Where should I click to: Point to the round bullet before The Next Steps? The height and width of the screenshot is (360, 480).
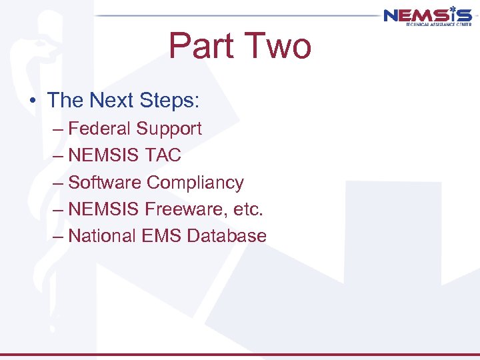point(32,101)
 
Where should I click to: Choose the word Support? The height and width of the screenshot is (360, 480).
point(171,129)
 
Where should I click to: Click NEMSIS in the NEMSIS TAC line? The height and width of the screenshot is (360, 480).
point(103,155)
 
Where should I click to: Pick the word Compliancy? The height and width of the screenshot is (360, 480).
point(195,183)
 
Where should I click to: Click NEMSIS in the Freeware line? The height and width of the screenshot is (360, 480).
point(103,209)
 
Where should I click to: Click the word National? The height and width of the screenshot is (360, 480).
point(103,236)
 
